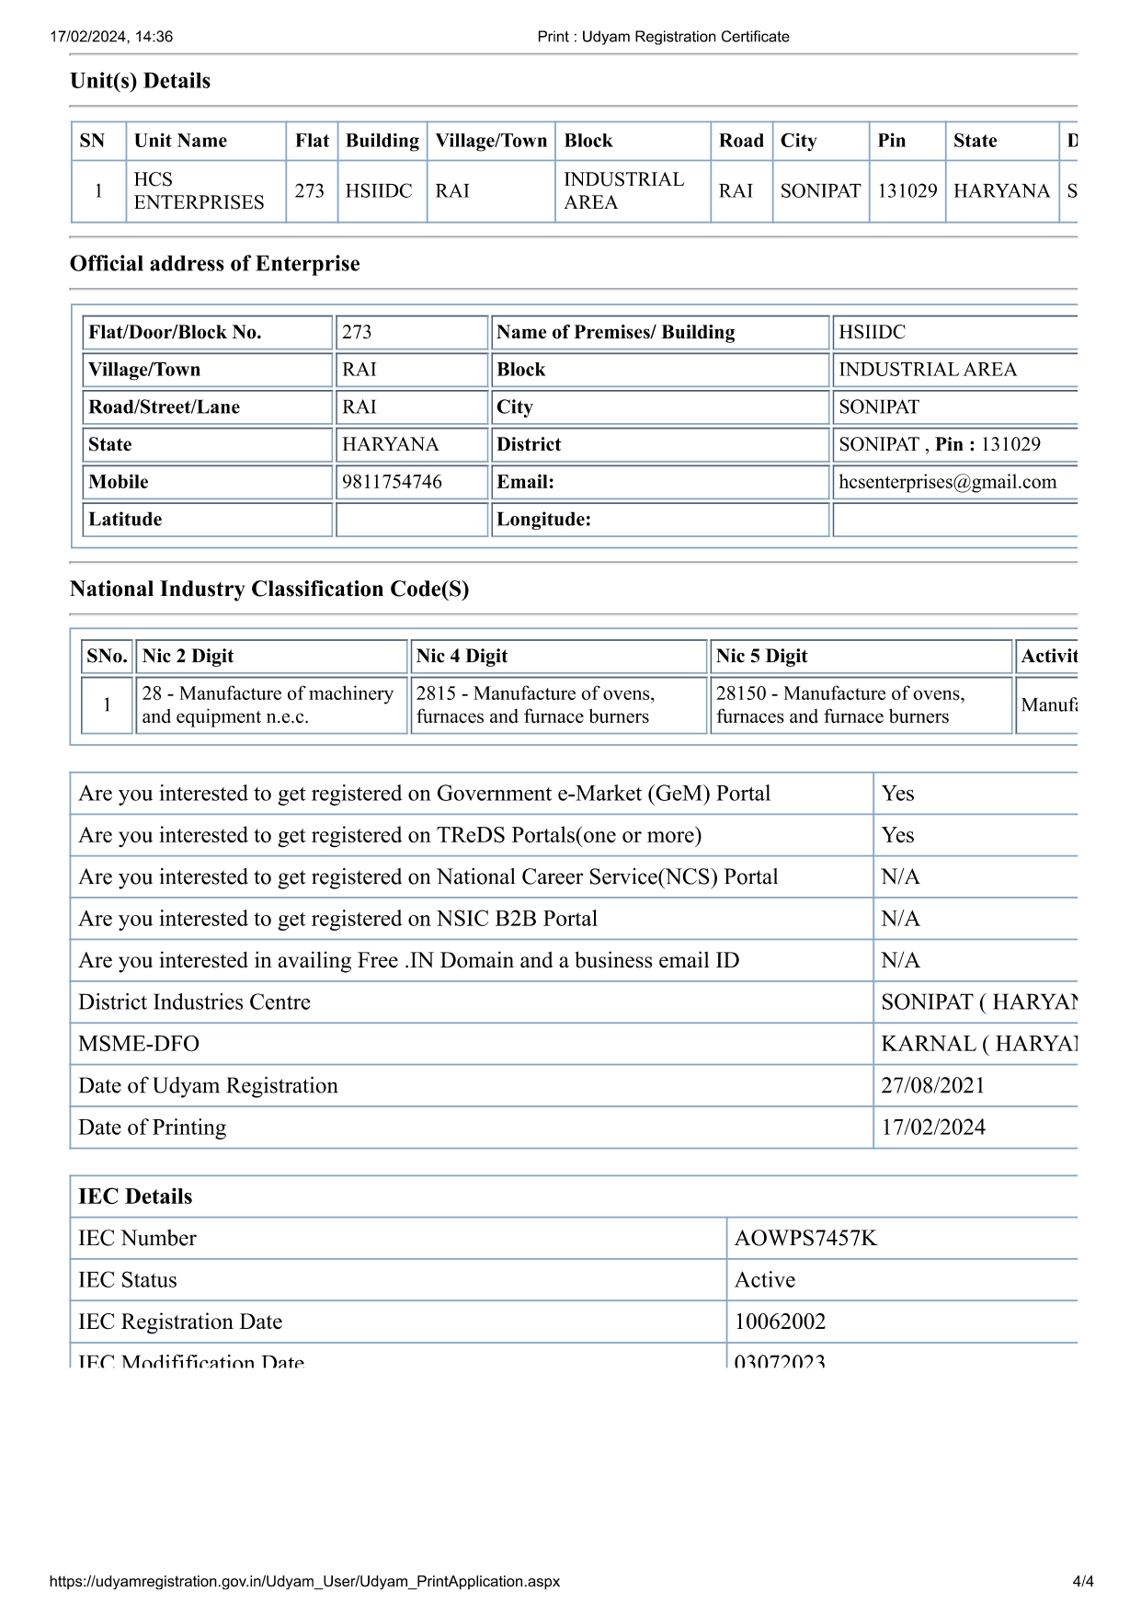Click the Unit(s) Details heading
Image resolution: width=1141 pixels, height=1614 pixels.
tap(140, 81)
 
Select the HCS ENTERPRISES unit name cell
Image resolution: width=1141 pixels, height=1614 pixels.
tap(199, 191)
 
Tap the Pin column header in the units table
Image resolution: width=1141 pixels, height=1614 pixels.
tap(891, 141)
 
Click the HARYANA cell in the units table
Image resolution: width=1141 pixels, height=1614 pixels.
tap(1000, 191)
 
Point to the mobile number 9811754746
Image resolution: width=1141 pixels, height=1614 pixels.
tap(392, 482)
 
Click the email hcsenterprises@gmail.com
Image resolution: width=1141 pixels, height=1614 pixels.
tap(947, 482)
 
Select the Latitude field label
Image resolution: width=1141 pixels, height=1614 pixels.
tap(125, 520)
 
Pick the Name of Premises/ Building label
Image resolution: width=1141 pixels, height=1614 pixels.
tap(615, 332)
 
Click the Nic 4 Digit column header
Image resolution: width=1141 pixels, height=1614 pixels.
tap(462, 656)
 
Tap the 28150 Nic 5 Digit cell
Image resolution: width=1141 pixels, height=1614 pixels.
tap(839, 704)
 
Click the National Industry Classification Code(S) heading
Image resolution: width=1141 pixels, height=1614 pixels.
tap(269, 589)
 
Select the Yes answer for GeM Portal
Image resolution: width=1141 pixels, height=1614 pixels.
tap(897, 794)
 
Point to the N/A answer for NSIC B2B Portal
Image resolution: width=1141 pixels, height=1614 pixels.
tap(900, 919)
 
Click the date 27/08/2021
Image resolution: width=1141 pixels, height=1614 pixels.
tap(932, 1085)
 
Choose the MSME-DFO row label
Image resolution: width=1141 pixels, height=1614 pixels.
tap(139, 1044)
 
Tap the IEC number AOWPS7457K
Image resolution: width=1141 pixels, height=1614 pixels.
tap(805, 1238)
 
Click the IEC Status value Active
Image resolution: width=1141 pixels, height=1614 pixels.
tap(764, 1280)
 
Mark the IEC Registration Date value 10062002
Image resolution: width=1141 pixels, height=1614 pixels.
tap(780, 1322)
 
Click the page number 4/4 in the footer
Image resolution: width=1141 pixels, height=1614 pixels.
tap(1082, 1582)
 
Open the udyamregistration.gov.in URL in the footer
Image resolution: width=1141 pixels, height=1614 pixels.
tap(304, 1582)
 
